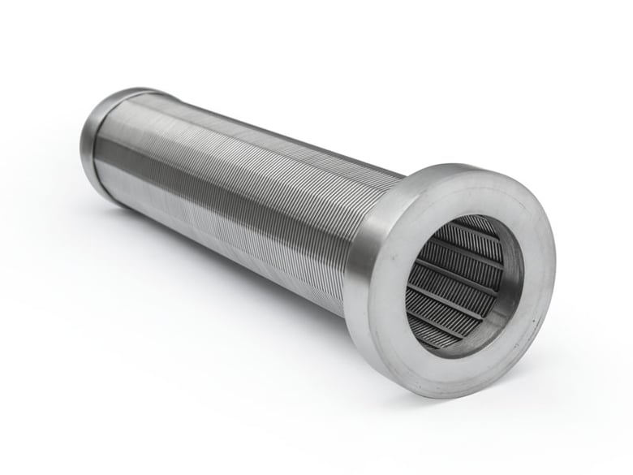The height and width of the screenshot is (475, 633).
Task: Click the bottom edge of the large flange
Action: [454, 398]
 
